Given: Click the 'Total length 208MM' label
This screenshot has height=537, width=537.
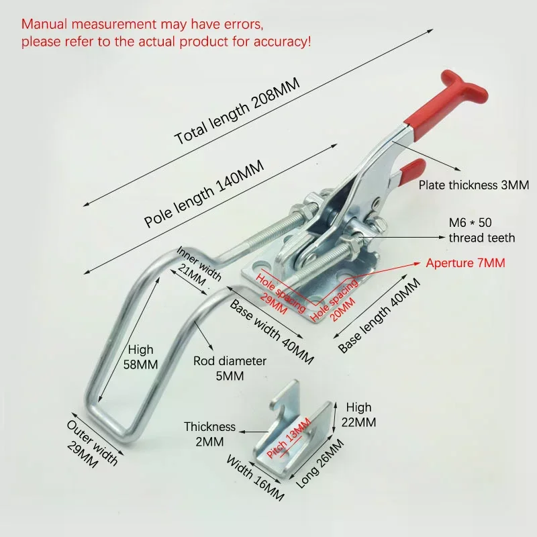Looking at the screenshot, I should pos(237,111).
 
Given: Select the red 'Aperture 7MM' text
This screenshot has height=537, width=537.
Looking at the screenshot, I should pos(465,263).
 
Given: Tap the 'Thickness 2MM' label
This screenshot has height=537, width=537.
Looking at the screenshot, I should pos(209,434).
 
